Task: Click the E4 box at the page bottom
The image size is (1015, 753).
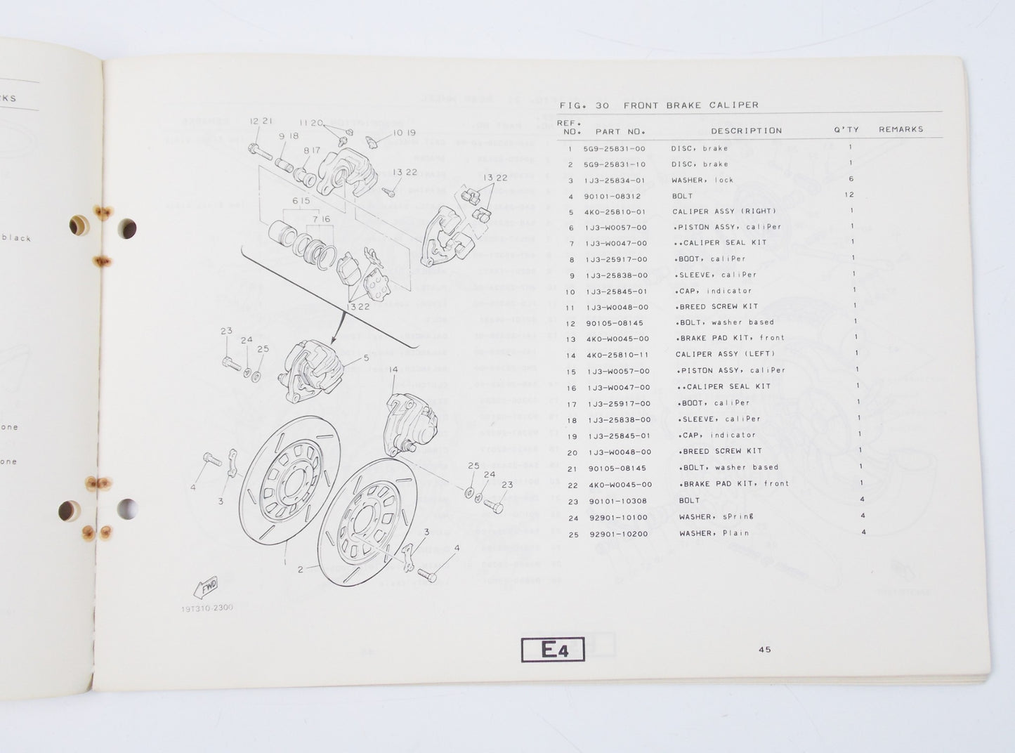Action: click(x=554, y=650)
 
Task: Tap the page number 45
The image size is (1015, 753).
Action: click(x=765, y=650)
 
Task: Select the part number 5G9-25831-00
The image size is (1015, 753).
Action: click(x=614, y=149)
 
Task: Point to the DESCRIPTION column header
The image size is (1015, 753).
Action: click(x=746, y=131)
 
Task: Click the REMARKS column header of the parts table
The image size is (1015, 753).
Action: click(x=901, y=129)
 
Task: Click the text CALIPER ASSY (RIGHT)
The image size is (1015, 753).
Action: click(x=723, y=211)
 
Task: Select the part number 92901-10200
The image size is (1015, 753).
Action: click(x=619, y=534)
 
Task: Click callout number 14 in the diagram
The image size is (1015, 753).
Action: click(x=393, y=369)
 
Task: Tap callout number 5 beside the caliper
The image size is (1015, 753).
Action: click(x=365, y=358)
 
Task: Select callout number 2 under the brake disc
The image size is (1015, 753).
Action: click(x=301, y=569)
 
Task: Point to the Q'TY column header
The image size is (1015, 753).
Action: click(x=843, y=130)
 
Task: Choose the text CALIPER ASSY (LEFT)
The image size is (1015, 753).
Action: click(x=725, y=354)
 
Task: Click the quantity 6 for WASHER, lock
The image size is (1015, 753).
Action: click(x=851, y=179)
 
